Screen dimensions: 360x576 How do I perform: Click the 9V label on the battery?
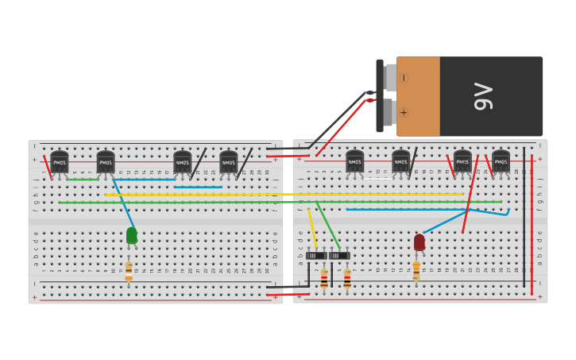(x=483, y=96)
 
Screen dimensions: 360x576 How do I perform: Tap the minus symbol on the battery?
(x=404, y=78)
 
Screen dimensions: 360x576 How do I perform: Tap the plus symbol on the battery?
(x=404, y=112)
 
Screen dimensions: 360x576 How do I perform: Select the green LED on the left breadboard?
(x=132, y=235)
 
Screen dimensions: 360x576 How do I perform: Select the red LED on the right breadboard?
(x=419, y=242)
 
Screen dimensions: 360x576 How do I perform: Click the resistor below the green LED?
(x=129, y=272)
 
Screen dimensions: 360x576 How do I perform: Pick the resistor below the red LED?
(x=416, y=271)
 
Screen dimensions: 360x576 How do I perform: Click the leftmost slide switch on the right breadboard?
(x=316, y=255)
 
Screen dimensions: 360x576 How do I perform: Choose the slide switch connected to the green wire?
(x=339, y=255)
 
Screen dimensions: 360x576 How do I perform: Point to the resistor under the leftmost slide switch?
(x=324, y=278)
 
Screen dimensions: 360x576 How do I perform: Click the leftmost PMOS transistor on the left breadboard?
(x=60, y=161)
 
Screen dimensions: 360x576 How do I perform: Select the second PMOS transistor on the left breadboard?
(x=106, y=161)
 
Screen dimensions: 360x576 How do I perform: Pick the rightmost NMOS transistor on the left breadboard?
(x=229, y=161)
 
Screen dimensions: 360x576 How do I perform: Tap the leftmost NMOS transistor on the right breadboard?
(x=355, y=161)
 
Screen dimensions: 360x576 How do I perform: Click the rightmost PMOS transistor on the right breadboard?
(x=501, y=161)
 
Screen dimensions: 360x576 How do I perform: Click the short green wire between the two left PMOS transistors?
(x=83, y=180)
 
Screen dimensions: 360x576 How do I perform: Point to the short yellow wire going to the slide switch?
(x=311, y=227)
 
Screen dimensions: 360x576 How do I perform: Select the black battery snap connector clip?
(x=380, y=95)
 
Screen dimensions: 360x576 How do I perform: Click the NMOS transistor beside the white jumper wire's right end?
(x=401, y=161)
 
